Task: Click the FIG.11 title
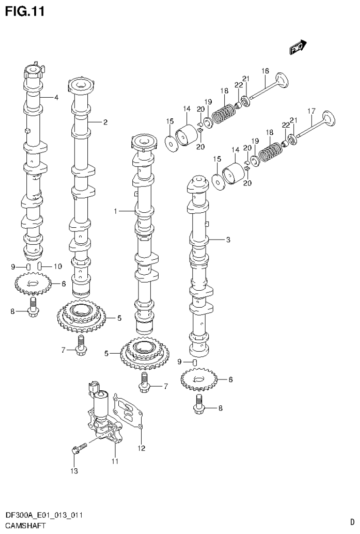pyautogui.click(x=24, y=11)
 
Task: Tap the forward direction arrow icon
pyautogui.click(x=298, y=46)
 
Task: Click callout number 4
pyautogui.click(x=56, y=98)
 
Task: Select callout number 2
pyautogui.click(x=105, y=122)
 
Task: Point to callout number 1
pyautogui.click(x=115, y=211)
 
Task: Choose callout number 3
pyautogui.click(x=228, y=240)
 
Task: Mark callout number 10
pyautogui.click(x=58, y=266)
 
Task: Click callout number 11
pyautogui.click(x=114, y=461)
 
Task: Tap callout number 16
pyautogui.click(x=265, y=71)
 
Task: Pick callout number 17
pyautogui.click(x=310, y=111)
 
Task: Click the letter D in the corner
pyautogui.click(x=352, y=521)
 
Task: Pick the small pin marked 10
pyautogui.click(x=40, y=266)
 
